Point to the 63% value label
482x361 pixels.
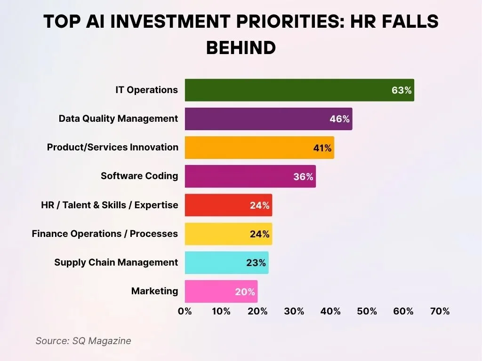402,90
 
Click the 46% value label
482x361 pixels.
339,119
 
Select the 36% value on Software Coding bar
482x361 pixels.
303,177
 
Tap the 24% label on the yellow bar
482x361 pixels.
259,234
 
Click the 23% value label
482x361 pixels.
256,263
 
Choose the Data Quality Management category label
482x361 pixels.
118,118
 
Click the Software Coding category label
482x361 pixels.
139,176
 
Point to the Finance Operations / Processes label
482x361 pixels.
104,234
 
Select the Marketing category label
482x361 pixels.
154,291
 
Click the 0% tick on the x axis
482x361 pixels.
185,311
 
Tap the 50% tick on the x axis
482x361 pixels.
367,311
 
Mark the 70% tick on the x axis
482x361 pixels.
440,311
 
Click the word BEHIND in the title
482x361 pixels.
241,47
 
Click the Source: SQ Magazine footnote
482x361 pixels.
83,341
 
